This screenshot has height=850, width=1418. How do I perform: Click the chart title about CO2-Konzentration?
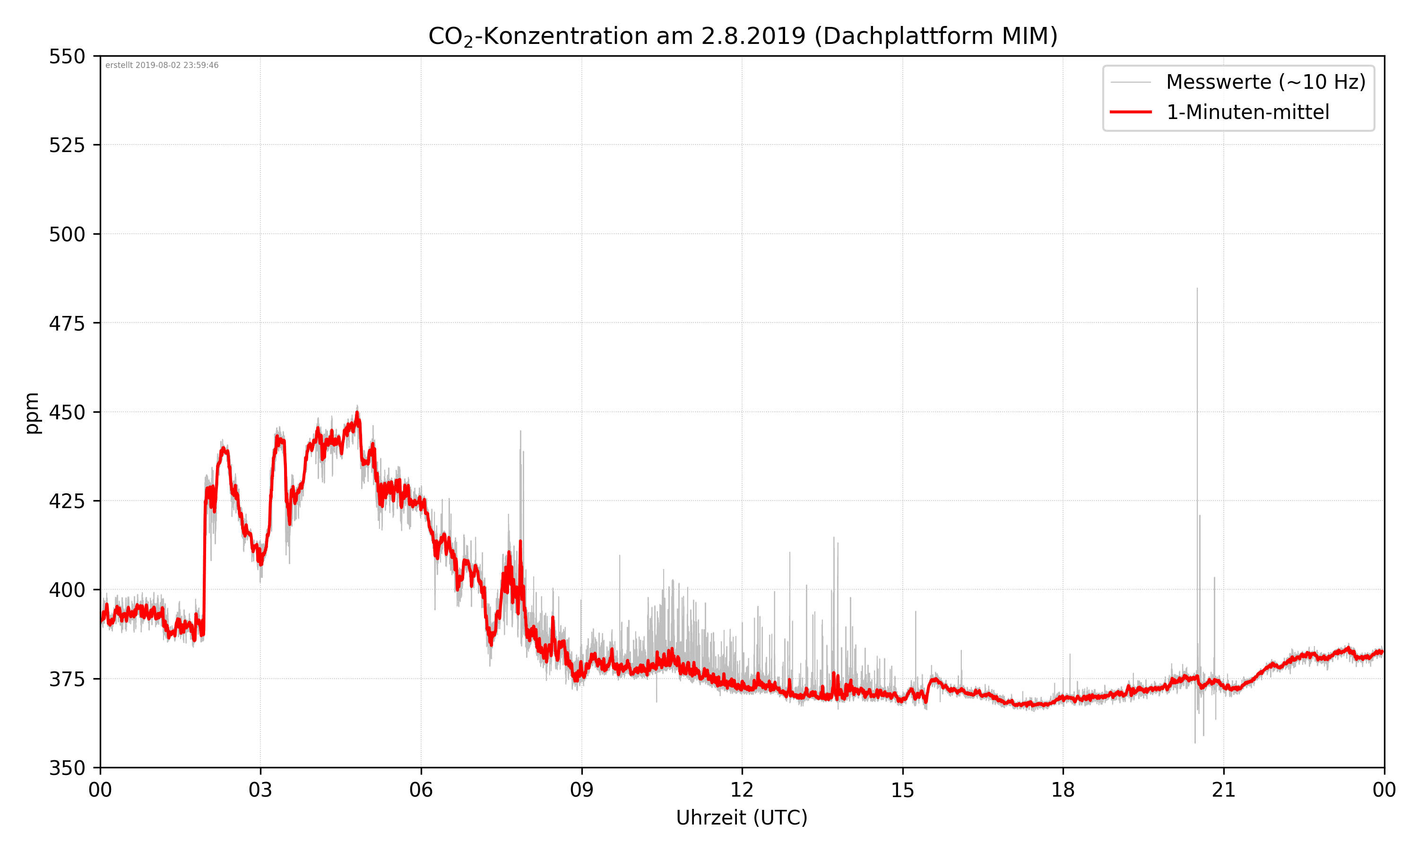tap(742, 36)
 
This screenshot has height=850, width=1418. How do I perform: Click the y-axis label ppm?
tap(32, 413)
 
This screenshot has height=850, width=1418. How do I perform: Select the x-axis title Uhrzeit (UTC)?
tap(742, 817)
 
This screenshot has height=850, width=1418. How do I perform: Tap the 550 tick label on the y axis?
tap(67, 57)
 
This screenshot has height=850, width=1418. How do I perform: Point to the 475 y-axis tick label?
tap(67, 323)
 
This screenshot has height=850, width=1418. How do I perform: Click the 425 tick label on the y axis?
tap(67, 501)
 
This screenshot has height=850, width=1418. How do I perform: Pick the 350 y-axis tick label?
tap(67, 768)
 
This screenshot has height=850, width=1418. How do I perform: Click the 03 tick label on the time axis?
tap(260, 790)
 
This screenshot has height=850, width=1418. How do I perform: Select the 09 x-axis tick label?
tap(581, 790)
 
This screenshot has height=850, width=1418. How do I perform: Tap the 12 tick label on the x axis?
tap(742, 790)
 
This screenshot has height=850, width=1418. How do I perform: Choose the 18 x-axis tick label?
tap(1063, 790)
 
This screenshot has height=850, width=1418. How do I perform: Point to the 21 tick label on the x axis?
tap(1223, 790)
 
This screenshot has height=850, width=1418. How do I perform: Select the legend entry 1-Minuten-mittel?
tap(1247, 112)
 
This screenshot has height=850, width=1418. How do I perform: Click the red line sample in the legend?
tap(1130, 112)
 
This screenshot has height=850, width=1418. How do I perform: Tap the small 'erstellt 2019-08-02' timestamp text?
tap(162, 65)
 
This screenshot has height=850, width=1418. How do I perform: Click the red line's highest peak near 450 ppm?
tap(357, 413)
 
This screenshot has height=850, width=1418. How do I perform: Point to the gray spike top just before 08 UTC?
tap(520, 431)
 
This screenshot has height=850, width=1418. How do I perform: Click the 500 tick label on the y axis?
tap(67, 234)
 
